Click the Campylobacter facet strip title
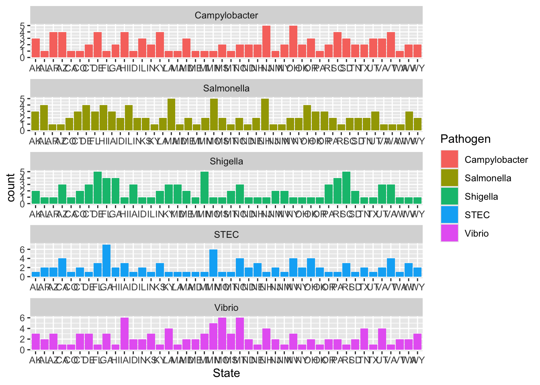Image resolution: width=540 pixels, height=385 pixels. click(x=226, y=15)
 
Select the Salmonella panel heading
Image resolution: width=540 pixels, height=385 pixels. click(x=226, y=88)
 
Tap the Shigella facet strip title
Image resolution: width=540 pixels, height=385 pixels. click(x=226, y=161)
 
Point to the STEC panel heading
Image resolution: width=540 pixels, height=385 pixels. click(x=226, y=235)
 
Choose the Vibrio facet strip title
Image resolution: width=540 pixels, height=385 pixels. click(x=226, y=308)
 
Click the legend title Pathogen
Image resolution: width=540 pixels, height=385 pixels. click(x=465, y=139)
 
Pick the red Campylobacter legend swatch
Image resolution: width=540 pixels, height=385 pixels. click(x=450, y=159)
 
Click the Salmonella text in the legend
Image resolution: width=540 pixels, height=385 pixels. click(x=488, y=178)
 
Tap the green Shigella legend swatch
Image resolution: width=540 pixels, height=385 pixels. click(x=450, y=197)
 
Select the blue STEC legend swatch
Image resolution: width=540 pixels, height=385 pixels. click(x=450, y=215)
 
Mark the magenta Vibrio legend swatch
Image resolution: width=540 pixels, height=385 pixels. click(x=450, y=233)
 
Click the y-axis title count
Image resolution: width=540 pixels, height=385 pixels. click(x=11, y=187)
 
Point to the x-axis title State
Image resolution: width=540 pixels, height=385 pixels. click(x=226, y=373)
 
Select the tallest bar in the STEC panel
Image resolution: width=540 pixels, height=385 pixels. click(x=106, y=261)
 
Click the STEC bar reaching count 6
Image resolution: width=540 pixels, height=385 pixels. click(x=213, y=263)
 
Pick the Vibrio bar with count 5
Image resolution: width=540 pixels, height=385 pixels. click(x=213, y=336)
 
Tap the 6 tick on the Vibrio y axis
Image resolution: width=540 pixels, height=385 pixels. click(x=22, y=318)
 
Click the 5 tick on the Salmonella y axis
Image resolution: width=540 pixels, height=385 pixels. click(x=22, y=99)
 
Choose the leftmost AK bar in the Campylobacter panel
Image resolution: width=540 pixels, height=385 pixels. click(x=36, y=48)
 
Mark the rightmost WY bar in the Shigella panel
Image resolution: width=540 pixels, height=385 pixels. click(x=417, y=201)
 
